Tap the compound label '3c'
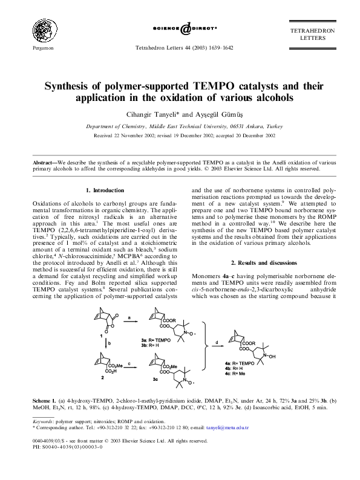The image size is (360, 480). pyautogui.click(x=155, y=379)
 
